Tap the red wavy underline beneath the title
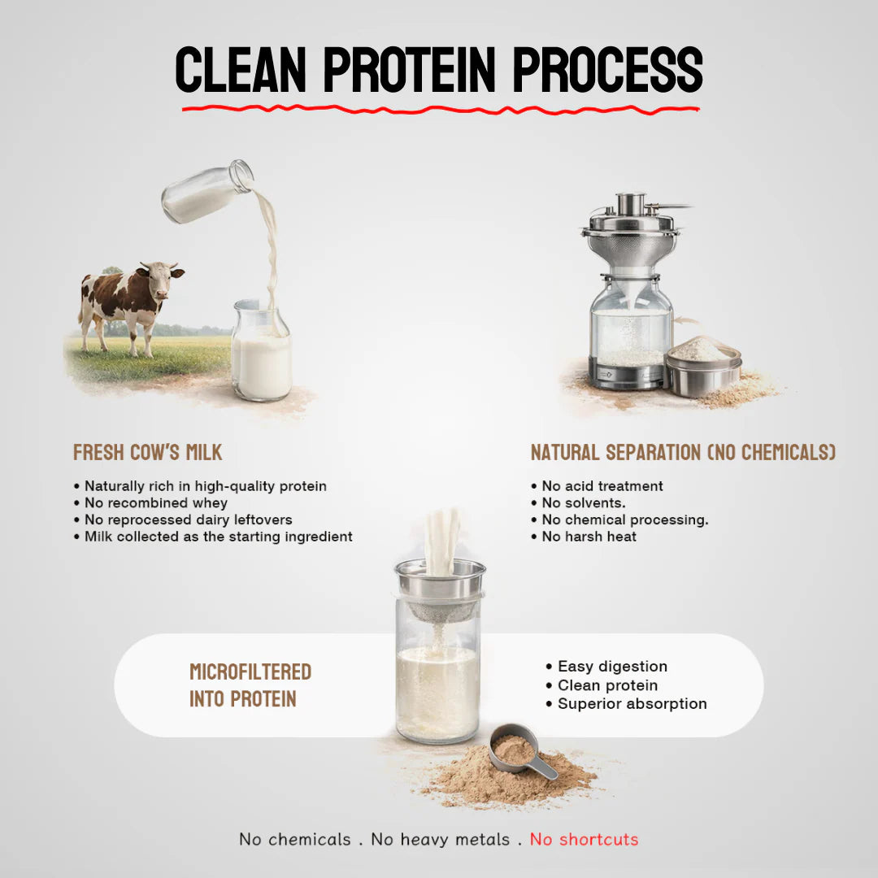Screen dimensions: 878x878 tap(439, 108)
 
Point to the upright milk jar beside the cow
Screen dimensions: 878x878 tap(261, 354)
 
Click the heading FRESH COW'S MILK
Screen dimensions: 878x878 tap(147, 453)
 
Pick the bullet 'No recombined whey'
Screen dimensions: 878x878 tap(156, 503)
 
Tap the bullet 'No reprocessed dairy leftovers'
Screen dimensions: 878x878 tap(188, 519)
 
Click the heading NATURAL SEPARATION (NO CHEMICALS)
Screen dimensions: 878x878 tap(683, 453)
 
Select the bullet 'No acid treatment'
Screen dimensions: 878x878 tap(602, 486)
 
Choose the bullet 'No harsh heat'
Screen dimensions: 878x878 tap(589, 537)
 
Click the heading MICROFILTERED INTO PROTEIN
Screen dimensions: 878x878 tap(250, 685)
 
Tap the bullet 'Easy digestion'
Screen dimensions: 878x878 tap(612, 667)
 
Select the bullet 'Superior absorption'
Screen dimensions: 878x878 tap(632, 704)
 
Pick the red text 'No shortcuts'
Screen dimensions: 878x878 tap(584, 840)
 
